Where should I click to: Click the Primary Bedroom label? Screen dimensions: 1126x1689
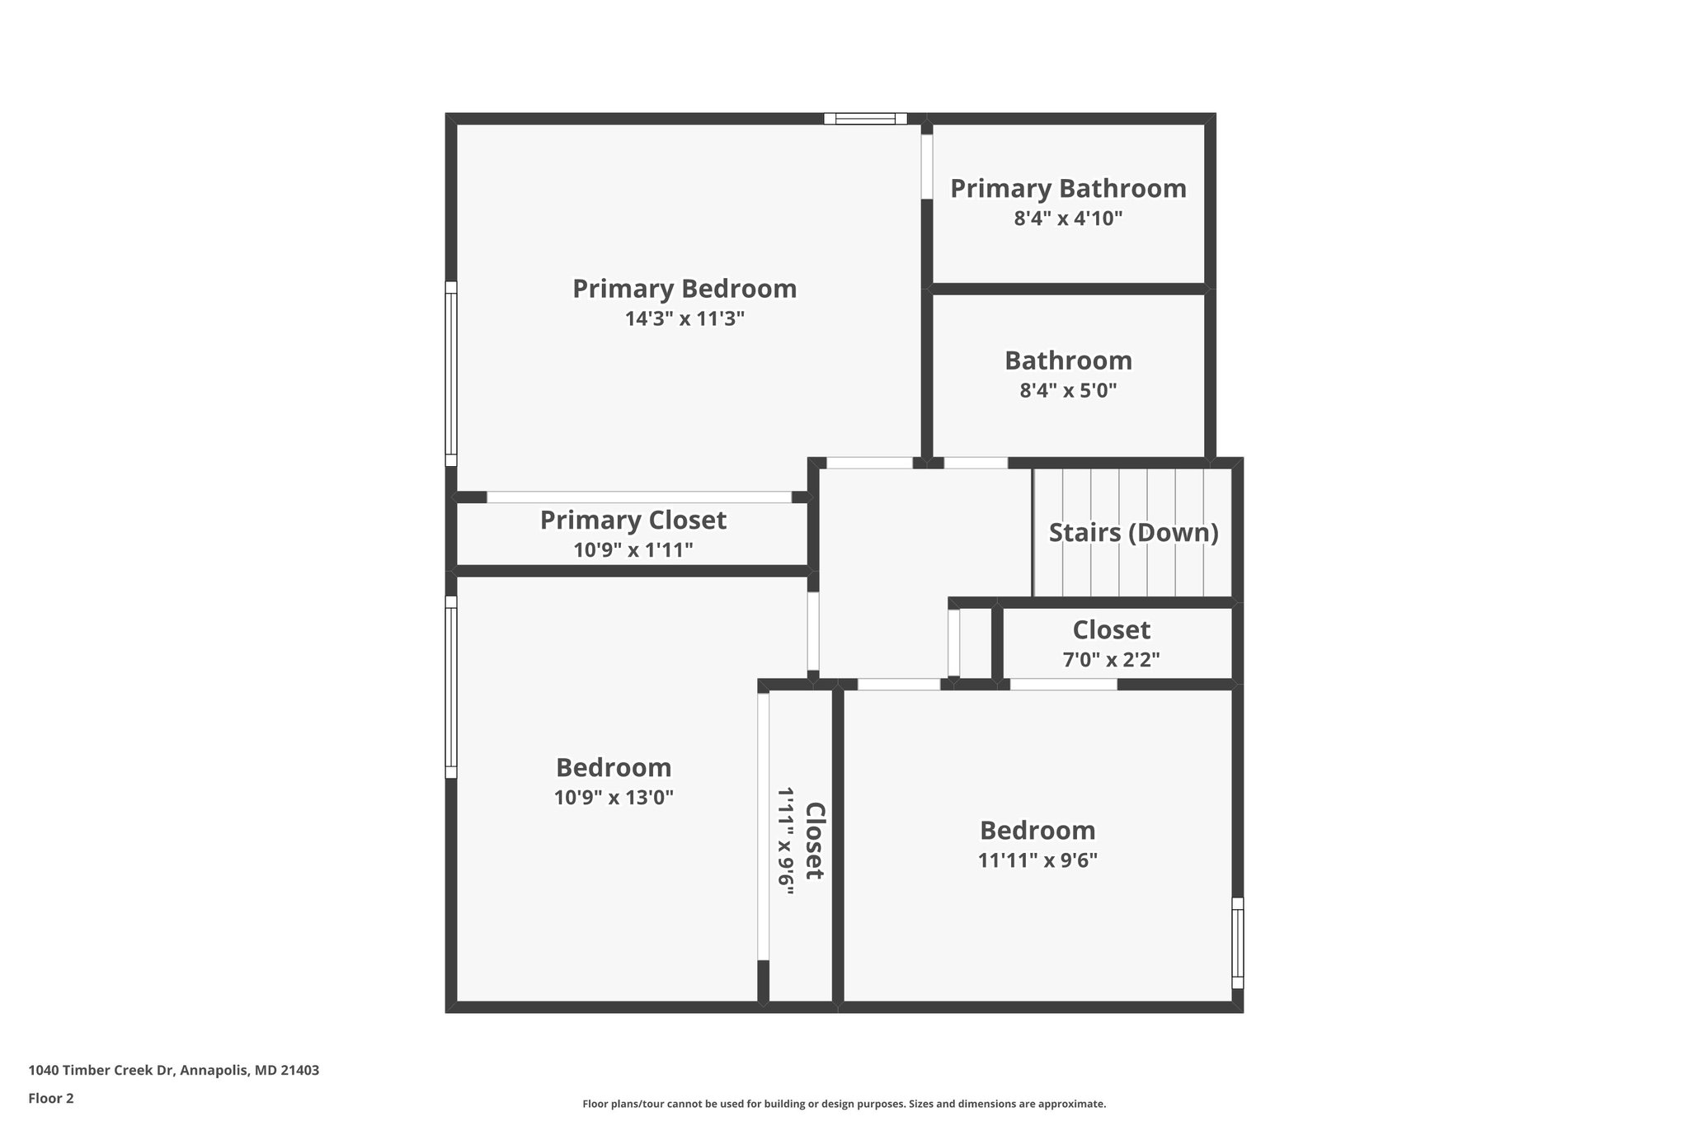click(x=685, y=289)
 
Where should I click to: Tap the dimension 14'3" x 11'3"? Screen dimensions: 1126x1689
click(x=685, y=319)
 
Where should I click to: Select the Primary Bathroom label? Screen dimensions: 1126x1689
click(x=1068, y=188)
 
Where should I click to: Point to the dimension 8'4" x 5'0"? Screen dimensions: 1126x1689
click(x=1068, y=390)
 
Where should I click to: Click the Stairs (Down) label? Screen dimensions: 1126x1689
click(x=1133, y=532)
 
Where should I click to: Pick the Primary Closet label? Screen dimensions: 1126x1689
click(x=633, y=520)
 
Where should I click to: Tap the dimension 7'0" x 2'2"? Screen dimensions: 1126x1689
click(x=1111, y=660)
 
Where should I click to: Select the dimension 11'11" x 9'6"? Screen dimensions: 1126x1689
click(x=1037, y=860)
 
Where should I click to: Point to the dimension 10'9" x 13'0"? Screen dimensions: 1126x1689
click(x=614, y=798)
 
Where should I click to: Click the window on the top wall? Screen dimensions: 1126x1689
click(x=865, y=119)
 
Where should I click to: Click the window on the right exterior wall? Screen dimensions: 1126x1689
click(x=1237, y=943)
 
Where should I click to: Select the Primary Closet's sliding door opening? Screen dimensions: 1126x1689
click(x=638, y=497)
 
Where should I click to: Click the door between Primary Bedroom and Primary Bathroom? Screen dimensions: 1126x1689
click(x=927, y=167)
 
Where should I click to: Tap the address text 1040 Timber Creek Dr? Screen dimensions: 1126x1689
click(x=173, y=1071)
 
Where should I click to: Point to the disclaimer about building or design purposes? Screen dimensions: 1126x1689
click(x=844, y=1104)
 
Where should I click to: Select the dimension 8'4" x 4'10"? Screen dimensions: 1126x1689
click(x=1068, y=219)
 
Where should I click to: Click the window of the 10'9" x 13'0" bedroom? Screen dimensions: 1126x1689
click(x=451, y=687)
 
